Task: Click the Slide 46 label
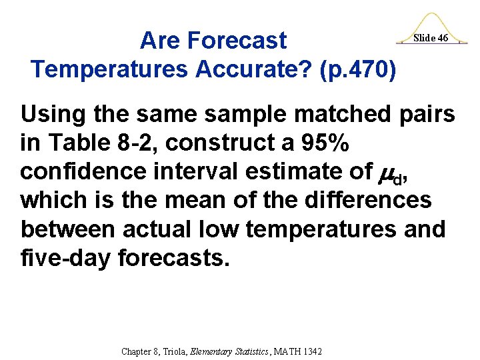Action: [x=430, y=38]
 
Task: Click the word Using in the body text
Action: [x=51, y=115]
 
